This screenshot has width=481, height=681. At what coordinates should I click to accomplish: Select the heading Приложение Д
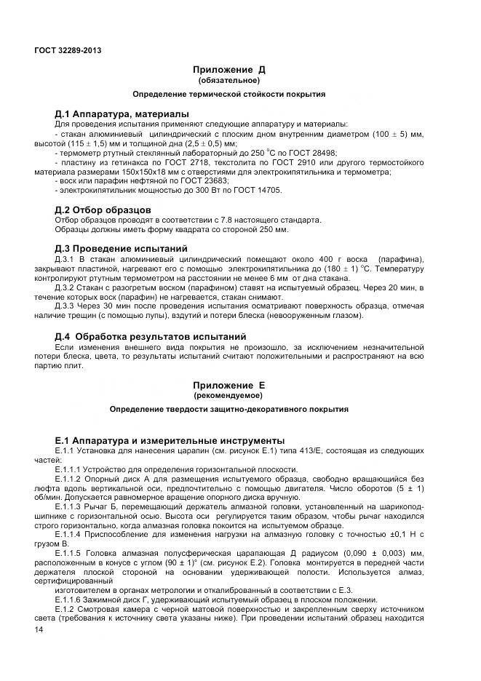coord(228,70)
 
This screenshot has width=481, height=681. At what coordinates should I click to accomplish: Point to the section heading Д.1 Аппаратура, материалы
coord(122,114)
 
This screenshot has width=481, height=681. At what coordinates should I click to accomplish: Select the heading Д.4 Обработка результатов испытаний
coord(151,337)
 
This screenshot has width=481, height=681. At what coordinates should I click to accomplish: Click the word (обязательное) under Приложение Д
coord(228,80)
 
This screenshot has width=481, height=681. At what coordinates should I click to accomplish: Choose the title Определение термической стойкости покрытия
coord(228,95)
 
